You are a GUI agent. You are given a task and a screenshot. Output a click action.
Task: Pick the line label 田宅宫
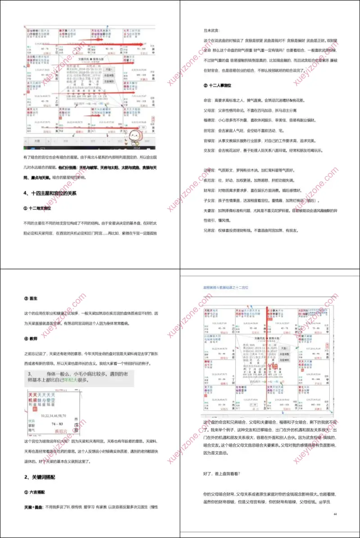tap(210, 131)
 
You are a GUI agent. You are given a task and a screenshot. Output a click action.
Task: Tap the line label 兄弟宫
tap(210, 231)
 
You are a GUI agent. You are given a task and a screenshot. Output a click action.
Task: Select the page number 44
tap(335, 514)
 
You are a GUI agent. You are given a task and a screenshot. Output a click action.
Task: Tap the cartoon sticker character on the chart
tap(135, 136)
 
